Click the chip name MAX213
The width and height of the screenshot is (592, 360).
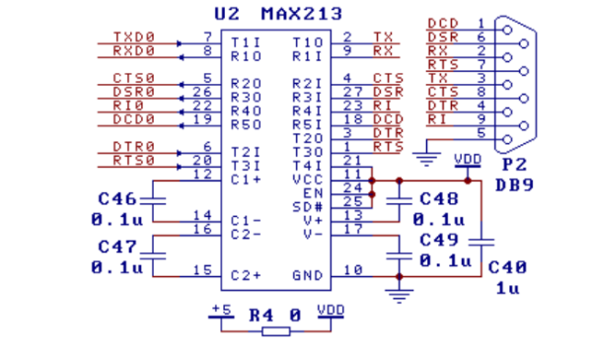tap(300, 14)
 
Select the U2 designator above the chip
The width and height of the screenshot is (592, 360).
tap(226, 14)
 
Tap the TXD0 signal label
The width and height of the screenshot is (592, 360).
tap(133, 40)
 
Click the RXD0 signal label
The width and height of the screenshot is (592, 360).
tap(133, 53)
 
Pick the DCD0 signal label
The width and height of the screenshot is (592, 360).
tap(133, 120)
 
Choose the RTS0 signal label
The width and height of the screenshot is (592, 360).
tap(133, 161)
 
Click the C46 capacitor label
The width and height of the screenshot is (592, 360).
tap(117, 197)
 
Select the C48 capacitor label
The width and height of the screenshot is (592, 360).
tap(439, 198)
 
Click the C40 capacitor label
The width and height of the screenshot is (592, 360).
tap(507, 267)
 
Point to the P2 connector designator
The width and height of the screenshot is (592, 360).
tap(513, 166)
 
